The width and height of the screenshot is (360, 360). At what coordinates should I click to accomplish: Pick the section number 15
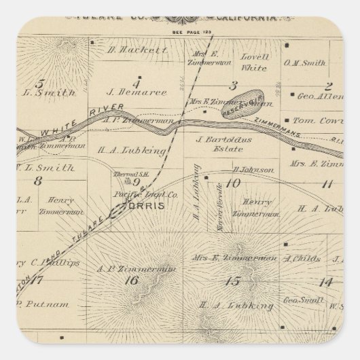coord(234,281)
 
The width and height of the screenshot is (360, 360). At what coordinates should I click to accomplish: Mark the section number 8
coord(37,181)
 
